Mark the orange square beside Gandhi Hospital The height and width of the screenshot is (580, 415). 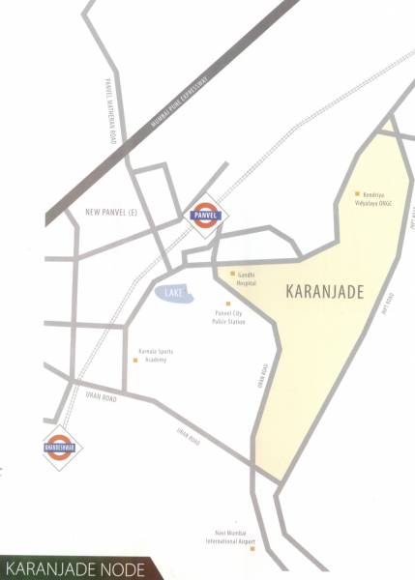pyautogui.click(x=232, y=275)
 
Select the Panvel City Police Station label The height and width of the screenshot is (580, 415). pyautogui.click(x=229, y=318)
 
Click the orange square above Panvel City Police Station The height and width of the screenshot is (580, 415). pyautogui.click(x=228, y=304)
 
